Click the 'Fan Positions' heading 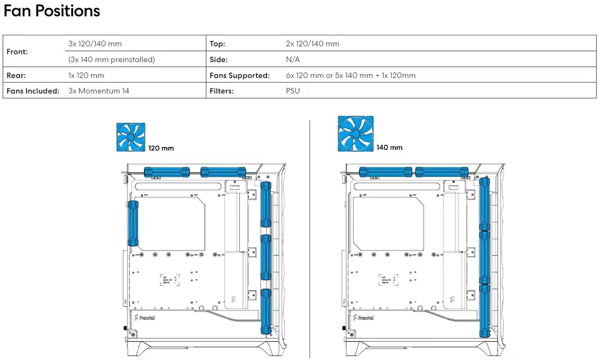52,11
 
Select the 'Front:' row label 17,52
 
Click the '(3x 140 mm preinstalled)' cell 112,60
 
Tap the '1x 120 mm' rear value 86,75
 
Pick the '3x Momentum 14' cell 99,91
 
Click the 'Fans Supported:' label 240,75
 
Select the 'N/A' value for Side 293,60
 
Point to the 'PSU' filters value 293,91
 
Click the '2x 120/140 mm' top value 313,44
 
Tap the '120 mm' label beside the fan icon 161,148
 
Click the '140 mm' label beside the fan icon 389,148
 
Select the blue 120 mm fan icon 131,137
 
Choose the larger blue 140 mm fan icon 356,134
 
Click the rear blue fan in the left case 133,223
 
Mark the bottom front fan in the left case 266,311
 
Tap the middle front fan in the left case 266,257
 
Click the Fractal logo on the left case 145,318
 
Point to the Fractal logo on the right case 363,318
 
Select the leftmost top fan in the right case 385,172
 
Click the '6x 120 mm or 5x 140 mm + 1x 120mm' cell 351,75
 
